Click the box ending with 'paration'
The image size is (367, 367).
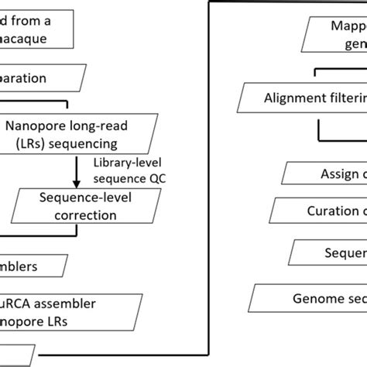tap(39, 78)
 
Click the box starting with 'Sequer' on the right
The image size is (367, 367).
tap(329, 252)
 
